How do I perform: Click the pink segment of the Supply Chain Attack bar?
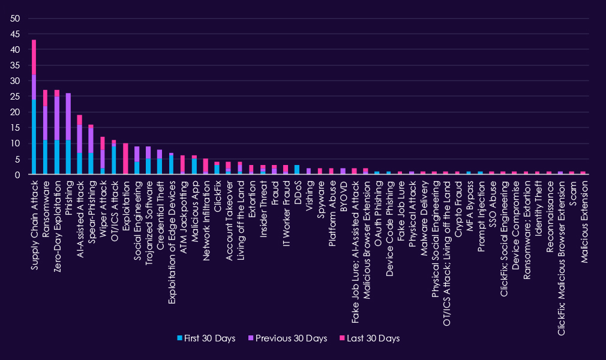(x=34, y=57)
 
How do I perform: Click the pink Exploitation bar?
(x=125, y=159)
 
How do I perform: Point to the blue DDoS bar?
(x=297, y=170)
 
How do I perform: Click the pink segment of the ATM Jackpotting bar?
(x=182, y=163)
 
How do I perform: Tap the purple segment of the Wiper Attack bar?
(x=103, y=159)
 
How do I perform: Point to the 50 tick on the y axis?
(x=16, y=18)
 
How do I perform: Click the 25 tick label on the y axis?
(x=16, y=97)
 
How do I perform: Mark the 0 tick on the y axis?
(x=19, y=175)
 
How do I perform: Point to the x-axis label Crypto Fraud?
(x=457, y=204)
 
